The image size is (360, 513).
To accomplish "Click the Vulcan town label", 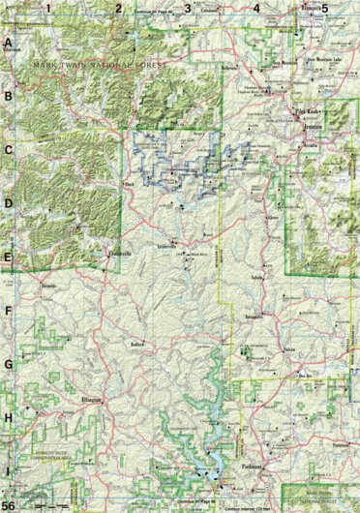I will (288, 347).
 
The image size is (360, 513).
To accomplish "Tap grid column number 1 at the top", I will (48, 8).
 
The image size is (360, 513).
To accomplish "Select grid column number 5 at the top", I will (325, 8).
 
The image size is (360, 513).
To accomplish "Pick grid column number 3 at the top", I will (187, 8).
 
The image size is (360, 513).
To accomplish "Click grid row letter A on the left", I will (8, 44).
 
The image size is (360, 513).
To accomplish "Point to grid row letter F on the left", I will (8, 312).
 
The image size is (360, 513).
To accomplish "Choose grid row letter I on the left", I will (8, 471).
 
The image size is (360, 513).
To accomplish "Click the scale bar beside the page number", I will (48, 505).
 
